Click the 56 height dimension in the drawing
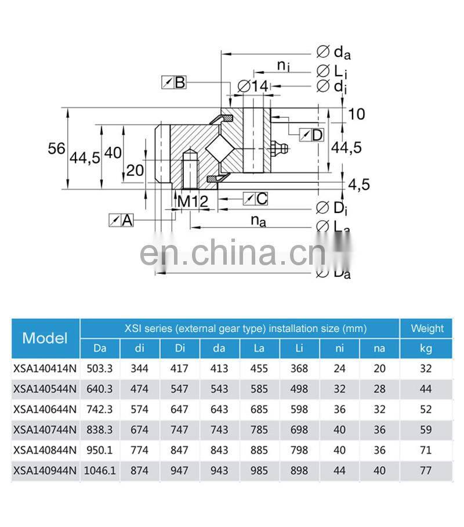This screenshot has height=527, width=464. click(56, 149)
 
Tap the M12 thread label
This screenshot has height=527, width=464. click(191, 202)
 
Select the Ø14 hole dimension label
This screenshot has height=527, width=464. click(253, 86)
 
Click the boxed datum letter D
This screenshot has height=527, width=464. click(317, 135)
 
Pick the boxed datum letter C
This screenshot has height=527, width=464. click(262, 198)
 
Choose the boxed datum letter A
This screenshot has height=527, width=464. click(127, 220)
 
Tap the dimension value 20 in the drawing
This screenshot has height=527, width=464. click(135, 171)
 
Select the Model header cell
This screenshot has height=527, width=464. click(45, 338)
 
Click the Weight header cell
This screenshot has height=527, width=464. click(427, 329)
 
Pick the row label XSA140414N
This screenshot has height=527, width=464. click(45, 369)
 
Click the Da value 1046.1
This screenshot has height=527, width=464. click(100, 471)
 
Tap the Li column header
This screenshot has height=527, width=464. click(299, 348)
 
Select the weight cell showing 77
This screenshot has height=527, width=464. click(427, 471)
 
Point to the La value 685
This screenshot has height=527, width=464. click(259, 409)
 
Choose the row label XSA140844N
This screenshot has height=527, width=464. click(45, 450)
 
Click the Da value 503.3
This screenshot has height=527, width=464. click(100, 369)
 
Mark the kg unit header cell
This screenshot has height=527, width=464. click(427, 348)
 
